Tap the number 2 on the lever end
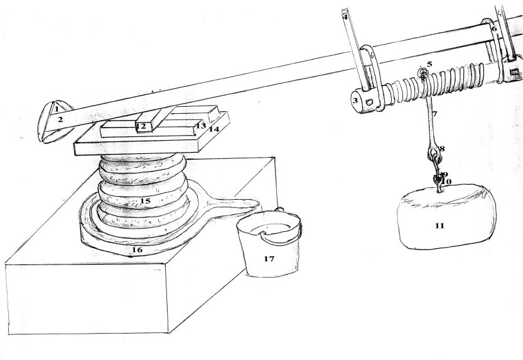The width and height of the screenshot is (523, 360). click(61, 118)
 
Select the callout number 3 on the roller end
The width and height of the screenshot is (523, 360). click(355, 100)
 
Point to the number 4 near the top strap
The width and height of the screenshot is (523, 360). click(345, 17)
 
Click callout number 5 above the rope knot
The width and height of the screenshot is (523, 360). click(429, 64)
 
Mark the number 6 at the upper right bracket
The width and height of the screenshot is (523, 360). click(493, 29)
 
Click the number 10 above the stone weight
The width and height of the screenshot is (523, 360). click(447, 181)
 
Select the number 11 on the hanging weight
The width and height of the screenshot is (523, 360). click(439, 226)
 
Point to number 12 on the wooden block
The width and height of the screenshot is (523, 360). click(141, 127)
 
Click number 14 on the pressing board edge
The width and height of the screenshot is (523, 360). click(213, 129)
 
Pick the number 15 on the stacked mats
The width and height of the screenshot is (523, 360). click(146, 201)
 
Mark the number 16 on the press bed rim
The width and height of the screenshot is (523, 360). click(136, 249)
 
